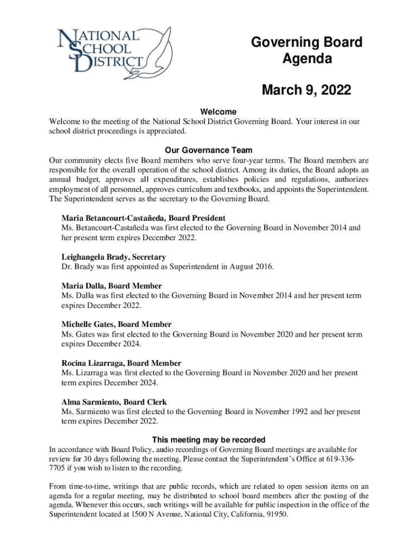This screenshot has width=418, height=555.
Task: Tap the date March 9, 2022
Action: coord(307,89)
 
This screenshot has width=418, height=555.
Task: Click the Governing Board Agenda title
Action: coord(307,50)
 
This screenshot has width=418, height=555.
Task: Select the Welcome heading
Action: coord(208,112)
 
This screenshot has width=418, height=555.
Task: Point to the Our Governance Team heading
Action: coord(208,150)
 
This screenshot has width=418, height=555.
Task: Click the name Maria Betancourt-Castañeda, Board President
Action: coord(143,218)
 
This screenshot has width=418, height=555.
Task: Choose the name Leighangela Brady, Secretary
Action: coord(113,257)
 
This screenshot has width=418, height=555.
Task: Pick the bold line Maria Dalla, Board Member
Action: coord(111,286)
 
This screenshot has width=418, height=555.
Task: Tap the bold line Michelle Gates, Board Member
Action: coord(116,325)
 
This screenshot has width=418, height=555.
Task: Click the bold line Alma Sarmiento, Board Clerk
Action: coord(114,402)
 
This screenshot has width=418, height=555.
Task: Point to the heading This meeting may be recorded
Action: coord(208,440)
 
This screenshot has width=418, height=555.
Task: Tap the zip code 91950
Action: coord(276,515)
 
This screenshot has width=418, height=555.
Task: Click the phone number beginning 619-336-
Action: coord(342,459)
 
